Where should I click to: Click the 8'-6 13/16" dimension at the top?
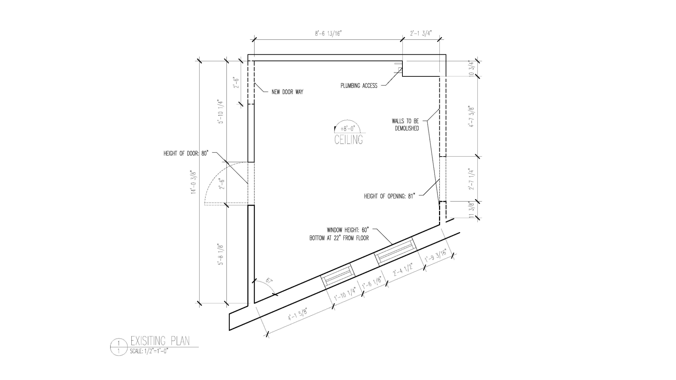328,33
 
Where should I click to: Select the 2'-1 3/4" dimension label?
421,33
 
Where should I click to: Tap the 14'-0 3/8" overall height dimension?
193,182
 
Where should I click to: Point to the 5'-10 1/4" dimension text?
221,112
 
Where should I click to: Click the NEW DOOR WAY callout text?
287,92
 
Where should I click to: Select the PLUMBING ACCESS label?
359,85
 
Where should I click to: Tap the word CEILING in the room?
349,140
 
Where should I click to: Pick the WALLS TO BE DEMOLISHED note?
406,125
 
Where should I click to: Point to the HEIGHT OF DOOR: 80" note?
186,153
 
